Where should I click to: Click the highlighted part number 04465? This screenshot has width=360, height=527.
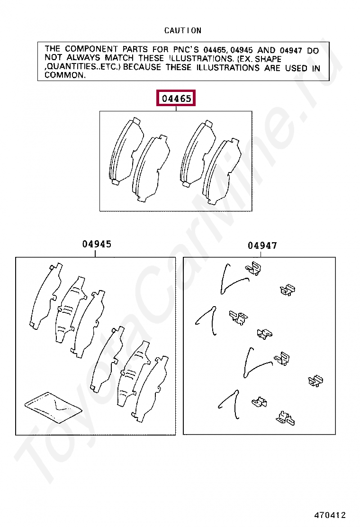176,98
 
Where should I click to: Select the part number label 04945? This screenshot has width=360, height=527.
97,244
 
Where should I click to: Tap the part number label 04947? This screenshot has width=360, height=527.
262,245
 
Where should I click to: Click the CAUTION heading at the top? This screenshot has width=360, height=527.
183,31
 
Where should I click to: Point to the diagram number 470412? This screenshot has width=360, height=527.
330,515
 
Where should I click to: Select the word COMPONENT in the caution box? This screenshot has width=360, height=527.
91,49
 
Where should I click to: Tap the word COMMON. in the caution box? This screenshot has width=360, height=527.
65,75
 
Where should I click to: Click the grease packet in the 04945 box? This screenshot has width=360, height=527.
53,407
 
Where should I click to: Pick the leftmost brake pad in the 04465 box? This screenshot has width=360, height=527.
126,151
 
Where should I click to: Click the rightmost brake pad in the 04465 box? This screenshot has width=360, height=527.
222,170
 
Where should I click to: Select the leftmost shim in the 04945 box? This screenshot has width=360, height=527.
45,296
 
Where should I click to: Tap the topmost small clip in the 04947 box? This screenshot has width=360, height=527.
253,268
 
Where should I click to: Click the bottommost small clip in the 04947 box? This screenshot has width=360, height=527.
286,418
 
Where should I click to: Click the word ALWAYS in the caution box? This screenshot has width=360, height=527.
83,58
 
